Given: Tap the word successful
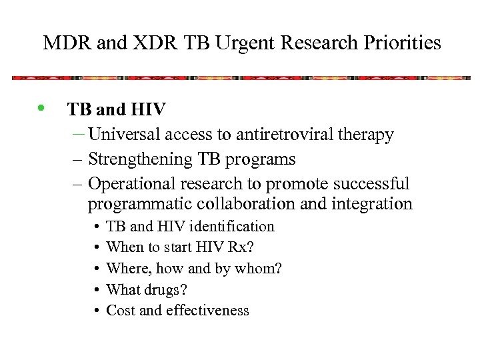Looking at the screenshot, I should pyautogui.click(x=372, y=183).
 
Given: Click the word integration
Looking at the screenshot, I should pyautogui.click(x=374, y=204).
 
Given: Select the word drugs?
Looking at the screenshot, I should pyautogui.click(x=166, y=289).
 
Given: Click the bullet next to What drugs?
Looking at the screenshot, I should pyautogui.click(x=97, y=290).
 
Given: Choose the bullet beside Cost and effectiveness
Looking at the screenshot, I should pyautogui.click(x=97, y=311).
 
